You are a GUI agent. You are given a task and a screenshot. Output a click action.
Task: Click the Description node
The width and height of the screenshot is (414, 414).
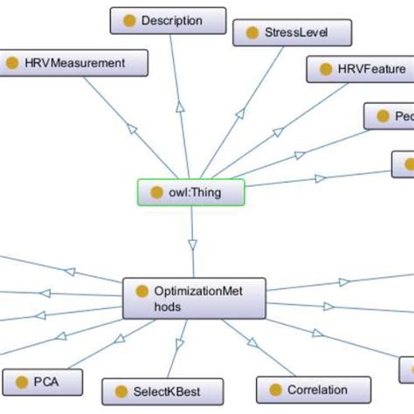(169, 20)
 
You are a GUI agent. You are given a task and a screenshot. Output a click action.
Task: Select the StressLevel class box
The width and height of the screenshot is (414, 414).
(292, 33)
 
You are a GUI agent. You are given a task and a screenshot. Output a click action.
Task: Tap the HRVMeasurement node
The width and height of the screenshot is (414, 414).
(75, 63)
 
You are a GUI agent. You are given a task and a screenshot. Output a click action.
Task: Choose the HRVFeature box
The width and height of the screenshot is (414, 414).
(359, 68)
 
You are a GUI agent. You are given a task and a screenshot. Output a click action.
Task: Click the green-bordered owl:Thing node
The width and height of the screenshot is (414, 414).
(191, 191)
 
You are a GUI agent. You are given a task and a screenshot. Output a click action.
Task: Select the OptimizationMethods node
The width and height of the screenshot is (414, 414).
(194, 299)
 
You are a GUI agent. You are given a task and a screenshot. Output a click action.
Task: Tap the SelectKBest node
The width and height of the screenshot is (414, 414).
(162, 390)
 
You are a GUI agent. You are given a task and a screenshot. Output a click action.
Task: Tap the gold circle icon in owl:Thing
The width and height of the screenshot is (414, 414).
(157, 192)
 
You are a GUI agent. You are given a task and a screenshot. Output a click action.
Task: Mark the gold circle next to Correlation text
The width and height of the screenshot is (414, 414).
(275, 390)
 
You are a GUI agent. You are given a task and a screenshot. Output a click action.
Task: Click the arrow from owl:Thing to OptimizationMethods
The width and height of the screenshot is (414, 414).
(193, 245)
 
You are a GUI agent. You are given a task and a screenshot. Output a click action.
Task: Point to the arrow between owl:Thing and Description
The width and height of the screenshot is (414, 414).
(179, 105)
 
